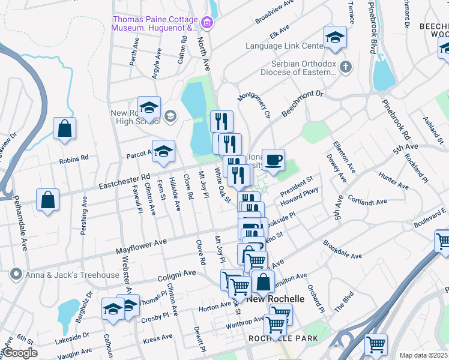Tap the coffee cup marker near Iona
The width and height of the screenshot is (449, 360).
tap(273, 160)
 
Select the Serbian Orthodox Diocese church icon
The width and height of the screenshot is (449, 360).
tap(345, 67)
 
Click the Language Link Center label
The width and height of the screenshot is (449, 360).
tap(284, 46)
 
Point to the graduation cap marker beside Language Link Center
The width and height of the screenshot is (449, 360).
tap(335, 37)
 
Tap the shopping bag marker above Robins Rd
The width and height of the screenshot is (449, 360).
tap(64, 128)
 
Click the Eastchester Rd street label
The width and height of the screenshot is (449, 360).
tap(129, 178)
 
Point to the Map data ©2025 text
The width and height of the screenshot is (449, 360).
tap(423, 355)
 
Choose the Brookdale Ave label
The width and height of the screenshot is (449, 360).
tap(342, 250)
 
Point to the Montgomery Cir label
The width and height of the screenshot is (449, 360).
tap(255, 106)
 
